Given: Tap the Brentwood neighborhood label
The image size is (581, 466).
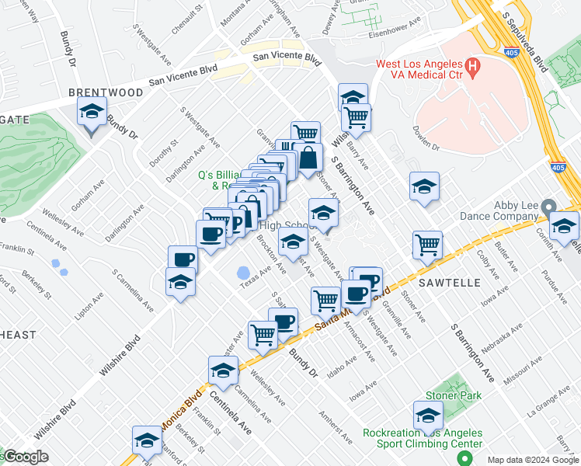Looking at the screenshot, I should [106, 92].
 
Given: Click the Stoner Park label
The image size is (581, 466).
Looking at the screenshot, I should [453, 396].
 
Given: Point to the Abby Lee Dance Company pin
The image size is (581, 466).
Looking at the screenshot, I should [549, 207].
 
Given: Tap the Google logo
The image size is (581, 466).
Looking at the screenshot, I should [25, 457].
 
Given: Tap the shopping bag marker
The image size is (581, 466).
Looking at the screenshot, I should [308, 158].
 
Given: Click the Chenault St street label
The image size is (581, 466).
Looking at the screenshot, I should [187, 19].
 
